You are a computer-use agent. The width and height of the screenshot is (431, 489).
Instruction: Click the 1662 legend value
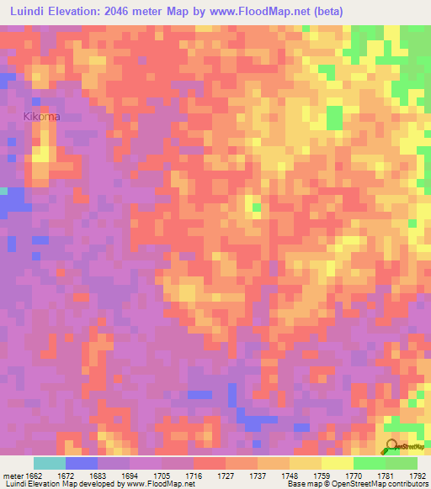point(33,475)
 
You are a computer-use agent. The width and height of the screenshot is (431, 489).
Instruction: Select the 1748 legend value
point(289,475)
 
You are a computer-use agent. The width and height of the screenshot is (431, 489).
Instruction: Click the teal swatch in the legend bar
point(49,463)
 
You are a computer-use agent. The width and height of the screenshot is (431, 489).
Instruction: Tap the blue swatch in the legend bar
point(81,463)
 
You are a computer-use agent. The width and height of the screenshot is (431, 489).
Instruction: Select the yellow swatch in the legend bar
point(337,463)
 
